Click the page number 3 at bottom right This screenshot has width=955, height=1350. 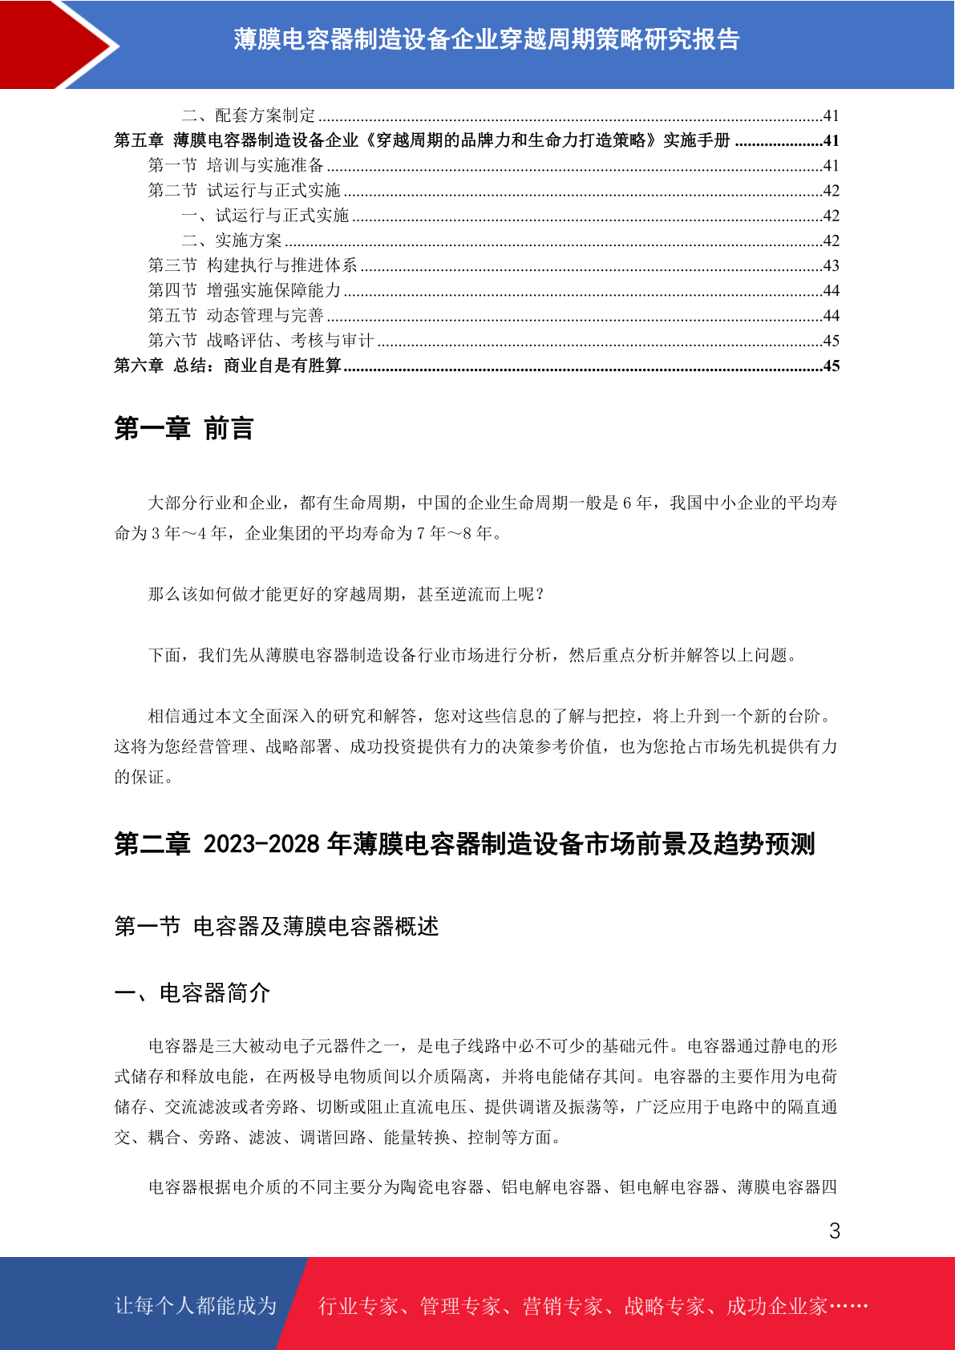pos(834,1231)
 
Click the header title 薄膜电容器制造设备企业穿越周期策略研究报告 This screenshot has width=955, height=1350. pos(486,39)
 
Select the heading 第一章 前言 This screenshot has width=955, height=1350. pos(184,429)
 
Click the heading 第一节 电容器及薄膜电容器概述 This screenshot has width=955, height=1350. pos(277,927)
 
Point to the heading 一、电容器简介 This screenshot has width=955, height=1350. pos(192,993)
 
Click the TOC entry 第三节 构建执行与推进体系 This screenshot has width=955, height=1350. pos(253,265)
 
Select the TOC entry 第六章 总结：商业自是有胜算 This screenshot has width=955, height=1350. pos(228,366)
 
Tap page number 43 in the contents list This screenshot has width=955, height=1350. pos(831,266)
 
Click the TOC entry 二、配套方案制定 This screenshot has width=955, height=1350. pos(249,115)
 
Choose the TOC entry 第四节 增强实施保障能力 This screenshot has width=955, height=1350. pos(245,290)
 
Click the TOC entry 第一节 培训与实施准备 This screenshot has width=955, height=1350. pos(236,165)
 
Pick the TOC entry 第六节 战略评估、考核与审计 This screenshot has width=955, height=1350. pos(261,341)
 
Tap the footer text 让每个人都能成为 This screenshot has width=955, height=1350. pos(196,1306)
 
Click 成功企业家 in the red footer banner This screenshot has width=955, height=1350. pos(776,1307)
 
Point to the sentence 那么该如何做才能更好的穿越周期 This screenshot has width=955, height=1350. pos(346,594)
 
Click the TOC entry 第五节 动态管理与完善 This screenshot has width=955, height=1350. pos(236,316)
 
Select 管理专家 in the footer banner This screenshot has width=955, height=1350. pos(459,1307)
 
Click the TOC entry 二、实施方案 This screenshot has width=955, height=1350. pos(232,240)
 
